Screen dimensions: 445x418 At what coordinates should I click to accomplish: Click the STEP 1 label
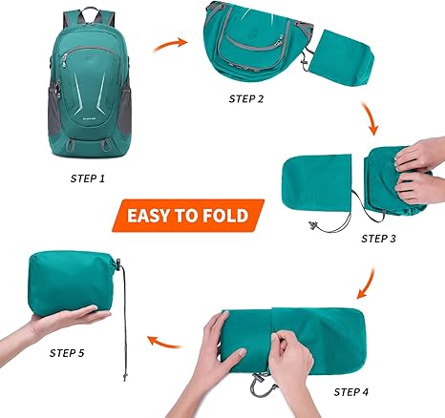click(88, 178)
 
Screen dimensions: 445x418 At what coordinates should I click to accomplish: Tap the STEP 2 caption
click(246, 99)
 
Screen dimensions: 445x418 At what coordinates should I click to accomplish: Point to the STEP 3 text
click(378, 239)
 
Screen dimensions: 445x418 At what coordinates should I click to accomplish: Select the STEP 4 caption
click(350, 392)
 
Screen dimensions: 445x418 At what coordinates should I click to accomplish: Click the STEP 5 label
click(67, 353)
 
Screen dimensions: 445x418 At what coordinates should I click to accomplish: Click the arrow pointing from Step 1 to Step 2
click(170, 45)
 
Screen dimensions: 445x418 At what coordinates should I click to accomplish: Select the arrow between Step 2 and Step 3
click(370, 118)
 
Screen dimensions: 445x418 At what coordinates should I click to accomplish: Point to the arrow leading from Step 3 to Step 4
click(366, 283)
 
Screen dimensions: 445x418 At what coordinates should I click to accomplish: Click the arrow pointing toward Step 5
click(164, 342)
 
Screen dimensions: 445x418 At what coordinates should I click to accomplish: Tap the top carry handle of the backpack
click(88, 14)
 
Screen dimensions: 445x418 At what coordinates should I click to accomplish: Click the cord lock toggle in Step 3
click(313, 225)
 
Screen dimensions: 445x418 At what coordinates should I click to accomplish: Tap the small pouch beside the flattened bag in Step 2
click(343, 57)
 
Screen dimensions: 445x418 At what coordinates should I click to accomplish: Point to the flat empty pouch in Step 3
click(317, 183)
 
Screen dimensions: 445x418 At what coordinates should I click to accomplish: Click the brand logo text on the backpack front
click(86, 119)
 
